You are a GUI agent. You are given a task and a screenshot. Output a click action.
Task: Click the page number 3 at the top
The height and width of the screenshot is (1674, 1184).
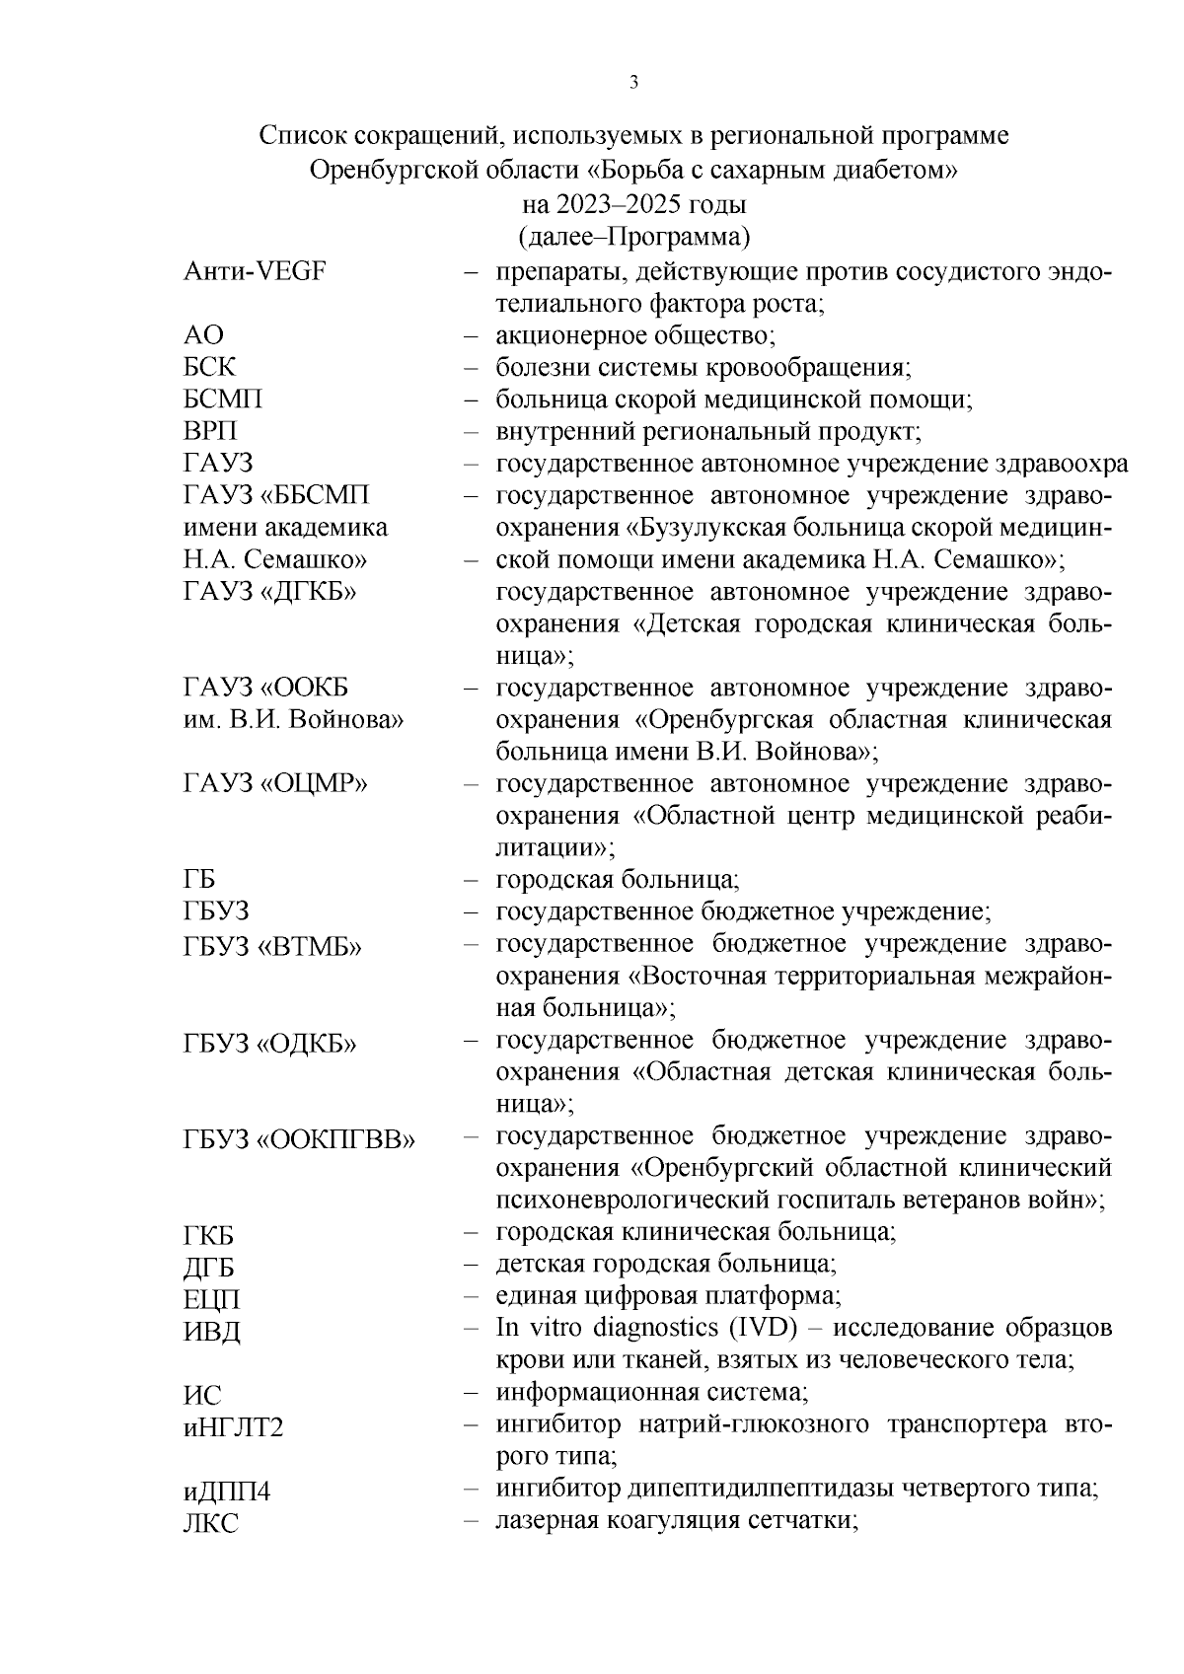(x=633, y=83)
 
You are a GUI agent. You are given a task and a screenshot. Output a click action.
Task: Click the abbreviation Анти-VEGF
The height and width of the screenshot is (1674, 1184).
(x=255, y=272)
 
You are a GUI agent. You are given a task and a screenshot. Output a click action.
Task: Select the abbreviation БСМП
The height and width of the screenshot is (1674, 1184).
(x=223, y=400)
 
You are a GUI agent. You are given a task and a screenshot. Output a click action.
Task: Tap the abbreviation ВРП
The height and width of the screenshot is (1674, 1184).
(x=210, y=432)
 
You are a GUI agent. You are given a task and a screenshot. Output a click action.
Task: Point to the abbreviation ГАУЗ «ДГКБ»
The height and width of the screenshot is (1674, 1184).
(x=270, y=592)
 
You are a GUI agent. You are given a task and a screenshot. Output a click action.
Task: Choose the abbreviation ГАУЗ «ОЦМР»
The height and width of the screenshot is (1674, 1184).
(x=276, y=784)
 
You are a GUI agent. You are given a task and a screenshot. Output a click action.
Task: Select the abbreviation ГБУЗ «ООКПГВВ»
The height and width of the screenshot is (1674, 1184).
(x=299, y=1140)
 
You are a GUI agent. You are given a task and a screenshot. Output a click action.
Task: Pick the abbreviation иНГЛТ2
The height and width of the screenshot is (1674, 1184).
(x=234, y=1427)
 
